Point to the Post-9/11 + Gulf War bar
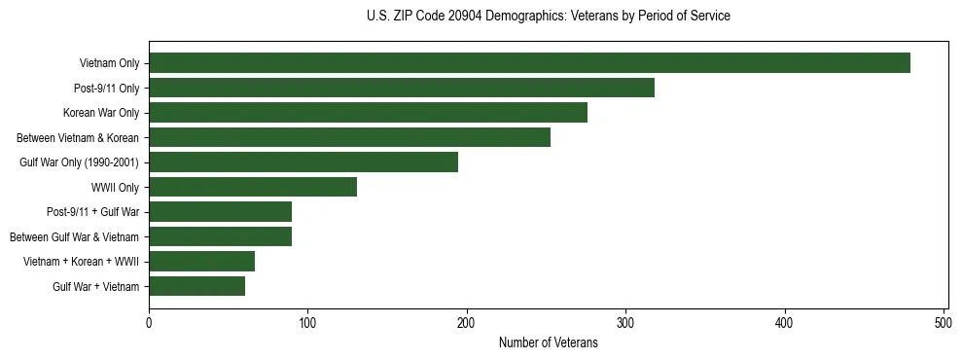click(x=220, y=212)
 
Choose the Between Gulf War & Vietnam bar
click(x=220, y=236)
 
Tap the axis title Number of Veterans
click(x=548, y=342)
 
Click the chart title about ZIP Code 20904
click(x=548, y=17)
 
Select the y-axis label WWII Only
click(x=115, y=187)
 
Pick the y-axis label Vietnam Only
click(x=109, y=63)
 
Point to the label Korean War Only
click(x=101, y=113)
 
